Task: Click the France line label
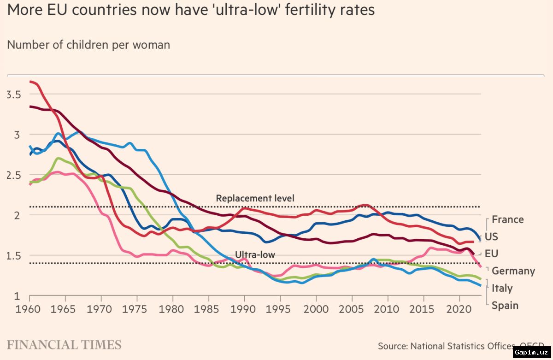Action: point(507,219)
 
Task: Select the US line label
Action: point(491,237)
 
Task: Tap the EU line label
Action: point(491,254)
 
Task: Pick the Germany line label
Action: point(513,271)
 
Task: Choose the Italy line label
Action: point(502,288)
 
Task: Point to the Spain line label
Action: point(505,305)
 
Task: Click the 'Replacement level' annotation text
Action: point(255,199)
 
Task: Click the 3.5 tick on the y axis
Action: point(14,94)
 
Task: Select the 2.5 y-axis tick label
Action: point(14,175)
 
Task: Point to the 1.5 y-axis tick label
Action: point(14,256)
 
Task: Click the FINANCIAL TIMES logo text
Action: point(64,345)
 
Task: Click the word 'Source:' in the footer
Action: point(393,346)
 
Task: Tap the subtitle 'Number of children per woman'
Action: point(88,45)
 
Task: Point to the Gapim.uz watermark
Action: point(532,353)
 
